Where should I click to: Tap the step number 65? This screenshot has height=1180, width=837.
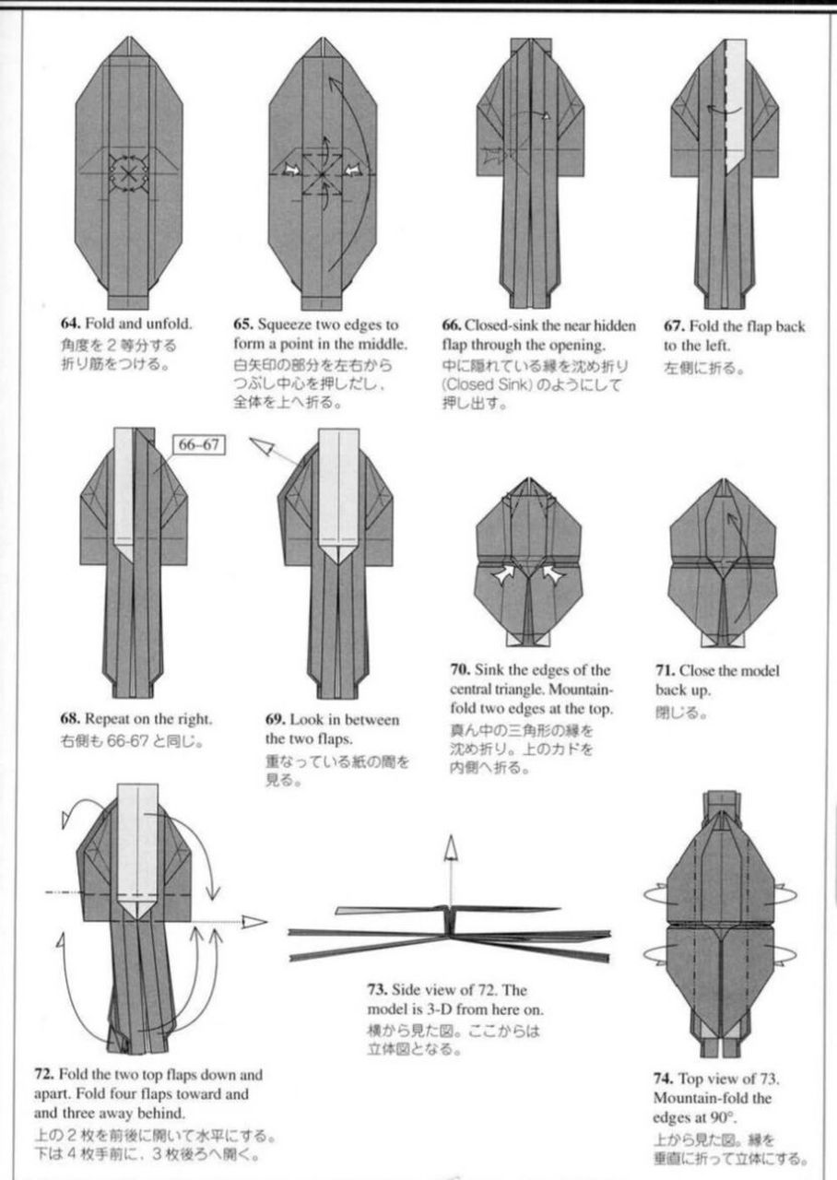243,324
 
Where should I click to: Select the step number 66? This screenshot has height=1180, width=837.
452,325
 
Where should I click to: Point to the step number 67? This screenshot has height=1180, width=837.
673,325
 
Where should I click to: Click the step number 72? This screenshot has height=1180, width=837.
43,1075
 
